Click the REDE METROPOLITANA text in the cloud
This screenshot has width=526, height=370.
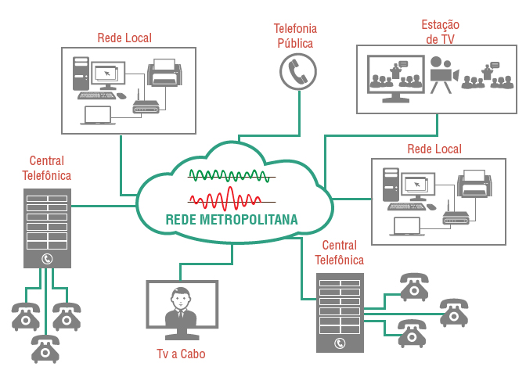click(x=232, y=219)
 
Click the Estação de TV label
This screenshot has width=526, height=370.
click(x=440, y=31)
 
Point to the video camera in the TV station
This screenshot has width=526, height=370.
click(x=443, y=72)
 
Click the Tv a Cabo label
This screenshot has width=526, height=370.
click(x=181, y=354)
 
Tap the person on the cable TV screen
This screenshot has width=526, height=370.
click(x=182, y=308)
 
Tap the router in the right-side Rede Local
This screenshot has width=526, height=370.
click(x=456, y=217)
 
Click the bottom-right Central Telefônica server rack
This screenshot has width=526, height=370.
click(x=340, y=312)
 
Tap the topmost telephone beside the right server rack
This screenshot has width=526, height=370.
click(x=413, y=287)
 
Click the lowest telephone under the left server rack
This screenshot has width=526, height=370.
click(x=45, y=348)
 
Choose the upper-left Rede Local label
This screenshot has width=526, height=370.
click(x=124, y=38)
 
